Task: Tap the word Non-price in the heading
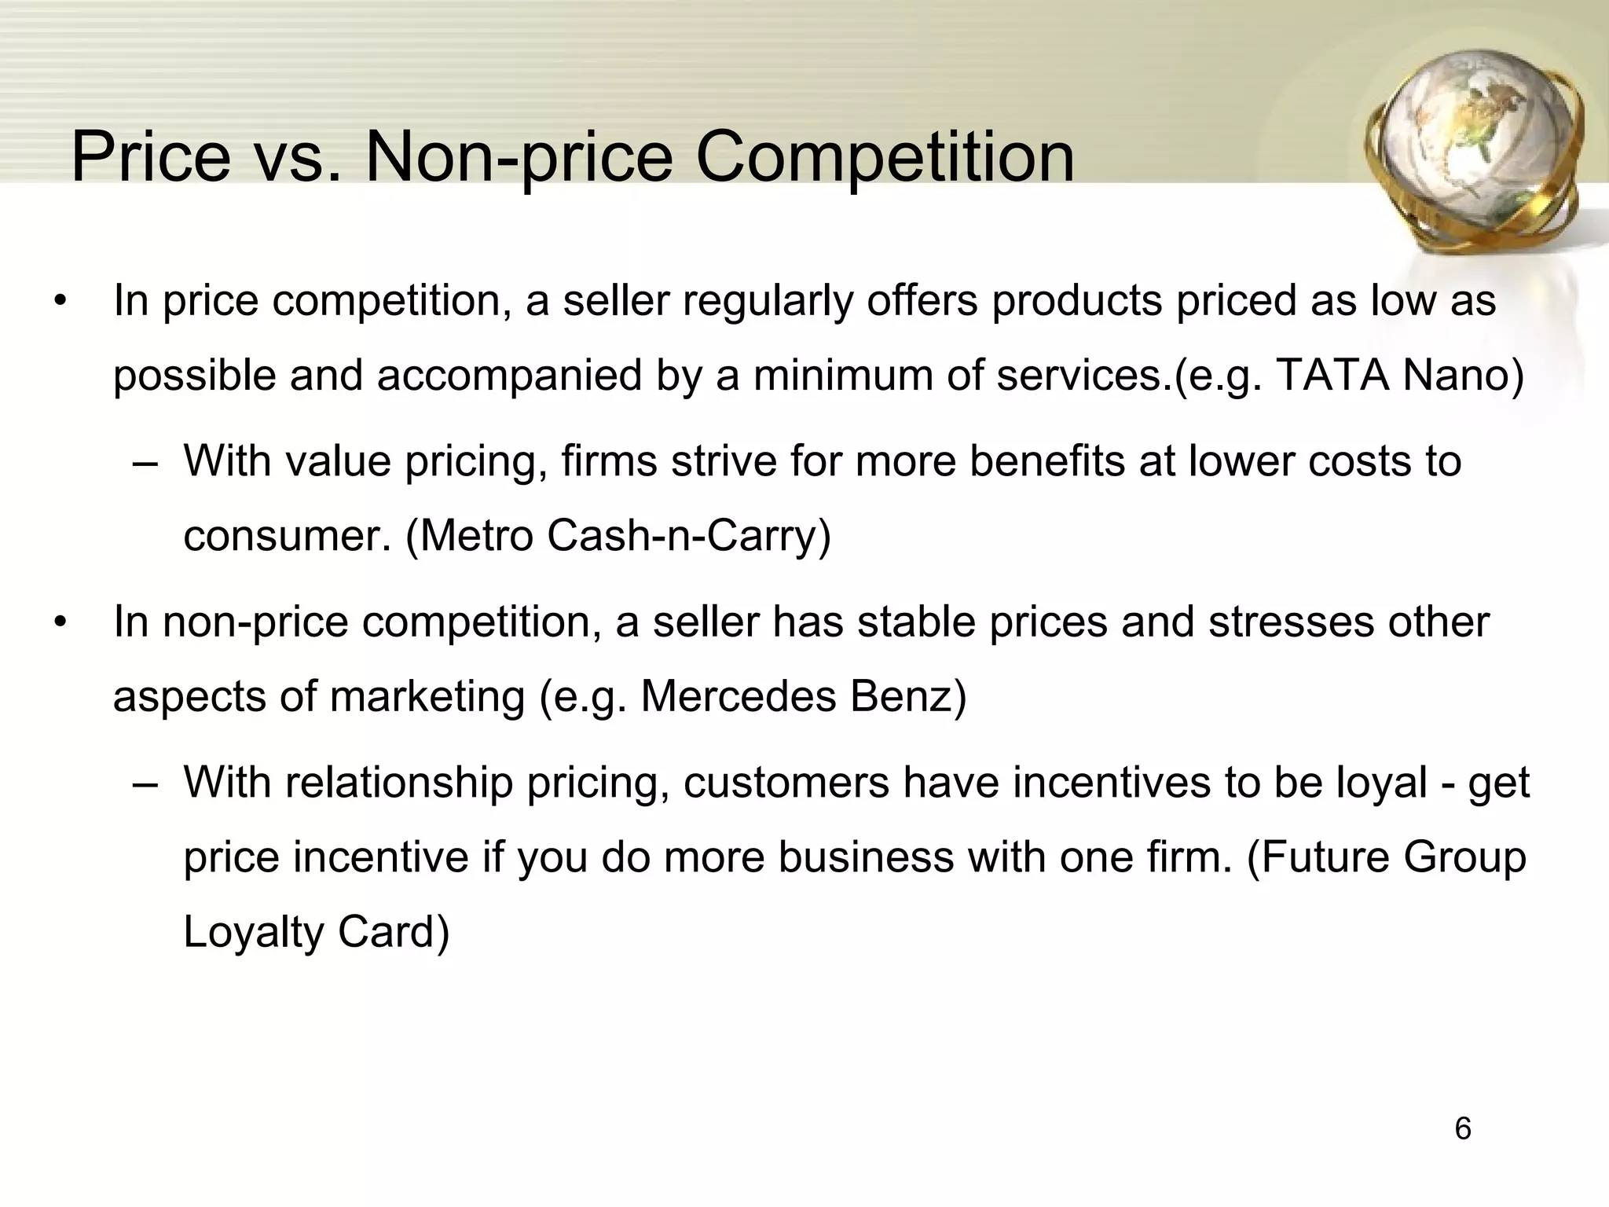pyautogui.click(x=519, y=157)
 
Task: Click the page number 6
pyautogui.click(x=1462, y=1129)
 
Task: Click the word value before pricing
pyautogui.click(x=338, y=460)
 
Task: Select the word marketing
pyautogui.click(x=427, y=696)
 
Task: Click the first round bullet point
pyautogui.click(x=60, y=303)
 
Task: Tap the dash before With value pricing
pyautogui.click(x=145, y=462)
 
